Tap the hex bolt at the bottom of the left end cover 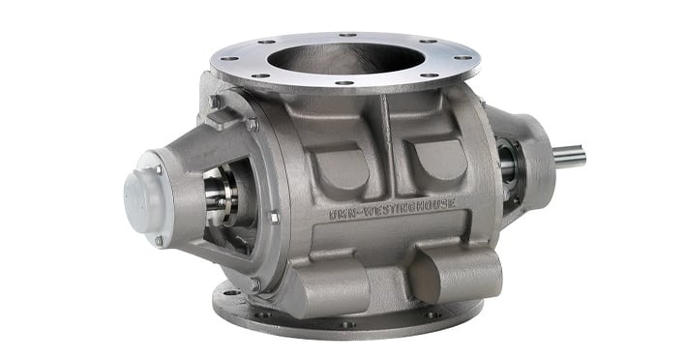pos(254,283)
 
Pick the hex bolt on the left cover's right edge pos(274,218)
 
